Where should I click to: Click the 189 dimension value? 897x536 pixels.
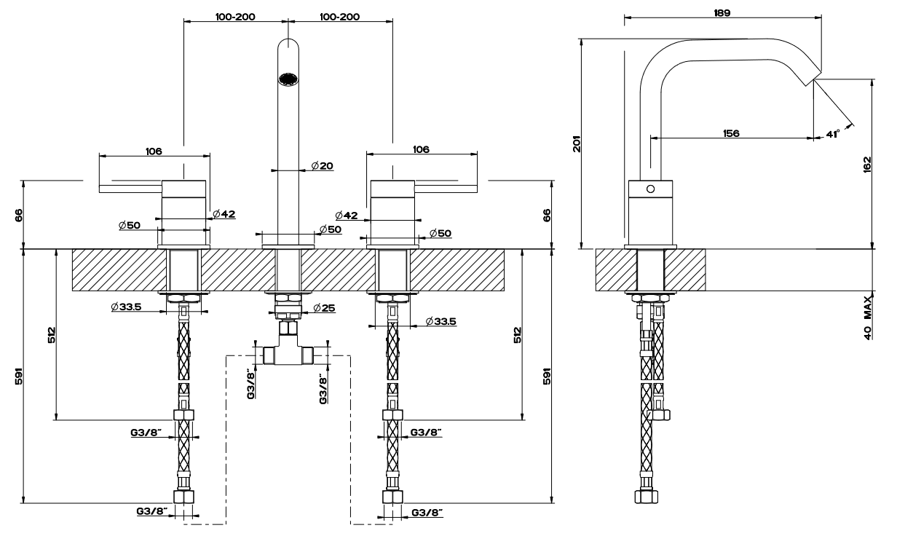click(x=723, y=12)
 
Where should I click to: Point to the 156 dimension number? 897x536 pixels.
click(x=732, y=133)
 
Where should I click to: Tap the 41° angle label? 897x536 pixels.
click(x=833, y=133)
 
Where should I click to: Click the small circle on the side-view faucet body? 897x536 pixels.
click(x=650, y=188)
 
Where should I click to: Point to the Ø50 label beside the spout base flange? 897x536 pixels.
click(x=331, y=231)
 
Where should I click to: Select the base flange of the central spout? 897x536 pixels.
click(x=288, y=240)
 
